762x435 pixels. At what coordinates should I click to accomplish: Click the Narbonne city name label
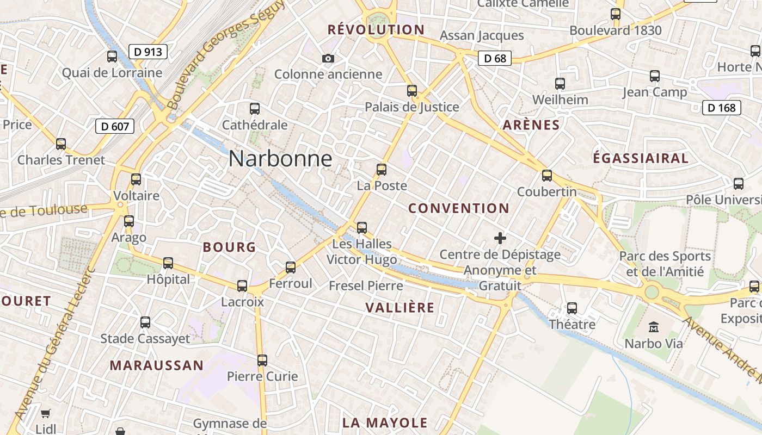point(280,159)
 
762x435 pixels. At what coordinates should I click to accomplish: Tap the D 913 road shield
point(148,52)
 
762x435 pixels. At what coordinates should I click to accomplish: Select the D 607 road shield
point(115,127)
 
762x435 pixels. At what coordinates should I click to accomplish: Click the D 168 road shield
point(722,108)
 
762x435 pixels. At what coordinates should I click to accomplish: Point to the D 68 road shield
point(495,58)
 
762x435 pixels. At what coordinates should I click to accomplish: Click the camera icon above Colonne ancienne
point(328,58)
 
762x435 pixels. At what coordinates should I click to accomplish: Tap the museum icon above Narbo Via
point(654,327)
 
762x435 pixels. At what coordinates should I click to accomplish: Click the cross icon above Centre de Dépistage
point(500,238)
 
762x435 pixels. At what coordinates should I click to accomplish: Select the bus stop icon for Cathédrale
point(254,109)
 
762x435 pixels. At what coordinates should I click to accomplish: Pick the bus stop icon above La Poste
point(382,170)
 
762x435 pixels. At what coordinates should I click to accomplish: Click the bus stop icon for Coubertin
point(547,176)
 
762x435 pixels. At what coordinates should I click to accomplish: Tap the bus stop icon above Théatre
point(572,308)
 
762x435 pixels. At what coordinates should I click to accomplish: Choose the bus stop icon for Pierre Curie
point(262,360)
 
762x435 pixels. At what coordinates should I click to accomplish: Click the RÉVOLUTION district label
point(376,30)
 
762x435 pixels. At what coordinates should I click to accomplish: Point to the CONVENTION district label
point(459,208)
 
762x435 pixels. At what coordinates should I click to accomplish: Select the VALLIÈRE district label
point(400,308)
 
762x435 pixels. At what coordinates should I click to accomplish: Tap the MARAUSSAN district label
point(157,365)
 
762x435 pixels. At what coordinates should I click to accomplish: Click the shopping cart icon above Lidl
point(46,414)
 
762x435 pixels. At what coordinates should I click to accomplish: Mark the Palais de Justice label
point(412,107)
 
